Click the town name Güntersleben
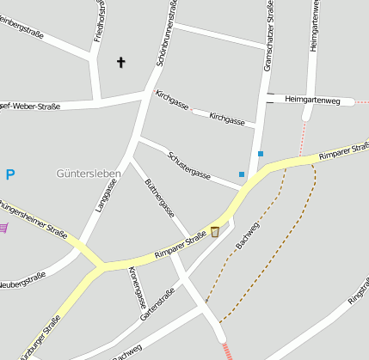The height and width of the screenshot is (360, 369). [x=89, y=173]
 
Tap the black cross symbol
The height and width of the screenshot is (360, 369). [x=121, y=62]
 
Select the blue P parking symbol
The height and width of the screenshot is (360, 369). [x=10, y=175]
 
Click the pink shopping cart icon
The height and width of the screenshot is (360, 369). [x=3, y=228]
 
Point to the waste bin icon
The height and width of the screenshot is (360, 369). [x=215, y=231]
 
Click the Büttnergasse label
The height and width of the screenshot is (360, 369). [x=160, y=197]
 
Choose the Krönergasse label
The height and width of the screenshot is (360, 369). [x=137, y=286]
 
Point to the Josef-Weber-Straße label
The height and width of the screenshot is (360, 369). [x=29, y=107]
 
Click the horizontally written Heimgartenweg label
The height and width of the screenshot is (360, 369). [x=312, y=101]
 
